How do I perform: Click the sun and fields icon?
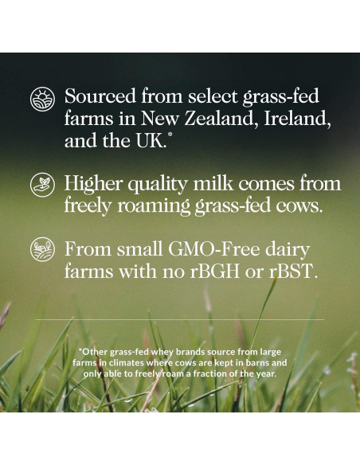click(x=42, y=99)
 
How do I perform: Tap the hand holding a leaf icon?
click(x=42, y=185)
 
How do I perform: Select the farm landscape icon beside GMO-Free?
click(x=42, y=249)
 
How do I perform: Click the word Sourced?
click(x=100, y=96)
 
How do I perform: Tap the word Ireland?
click(x=297, y=119)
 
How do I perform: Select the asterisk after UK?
click(x=170, y=135)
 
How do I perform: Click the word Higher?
click(x=93, y=183)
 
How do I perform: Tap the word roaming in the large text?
click(x=154, y=205)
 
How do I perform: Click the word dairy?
click(x=288, y=250)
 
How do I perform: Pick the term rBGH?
click(x=214, y=271)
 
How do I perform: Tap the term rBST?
click(x=293, y=271)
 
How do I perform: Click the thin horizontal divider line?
click(x=180, y=320)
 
